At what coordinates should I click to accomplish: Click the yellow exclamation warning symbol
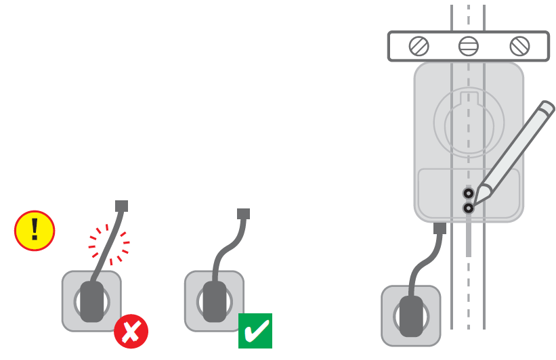[x=35, y=231]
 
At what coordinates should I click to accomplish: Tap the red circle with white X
[x=131, y=331]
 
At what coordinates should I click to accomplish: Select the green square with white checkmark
[x=255, y=330]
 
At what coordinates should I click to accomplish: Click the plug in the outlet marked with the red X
[x=92, y=301]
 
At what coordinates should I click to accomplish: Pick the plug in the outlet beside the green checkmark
[x=215, y=301]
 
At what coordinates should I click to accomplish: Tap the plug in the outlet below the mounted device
[x=410, y=316]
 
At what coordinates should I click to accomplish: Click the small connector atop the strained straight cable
[x=122, y=206]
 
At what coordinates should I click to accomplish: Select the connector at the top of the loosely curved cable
[x=243, y=213]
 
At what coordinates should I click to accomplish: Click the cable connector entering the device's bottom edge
[x=440, y=228]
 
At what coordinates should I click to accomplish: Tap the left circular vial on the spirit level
[x=419, y=46]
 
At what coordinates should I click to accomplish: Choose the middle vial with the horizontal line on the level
[x=469, y=46]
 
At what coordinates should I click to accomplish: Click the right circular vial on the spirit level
[x=519, y=46]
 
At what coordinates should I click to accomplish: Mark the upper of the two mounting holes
[x=468, y=193]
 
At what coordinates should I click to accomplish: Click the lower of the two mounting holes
[x=468, y=208]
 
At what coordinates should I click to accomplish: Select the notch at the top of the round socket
[x=469, y=99]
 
